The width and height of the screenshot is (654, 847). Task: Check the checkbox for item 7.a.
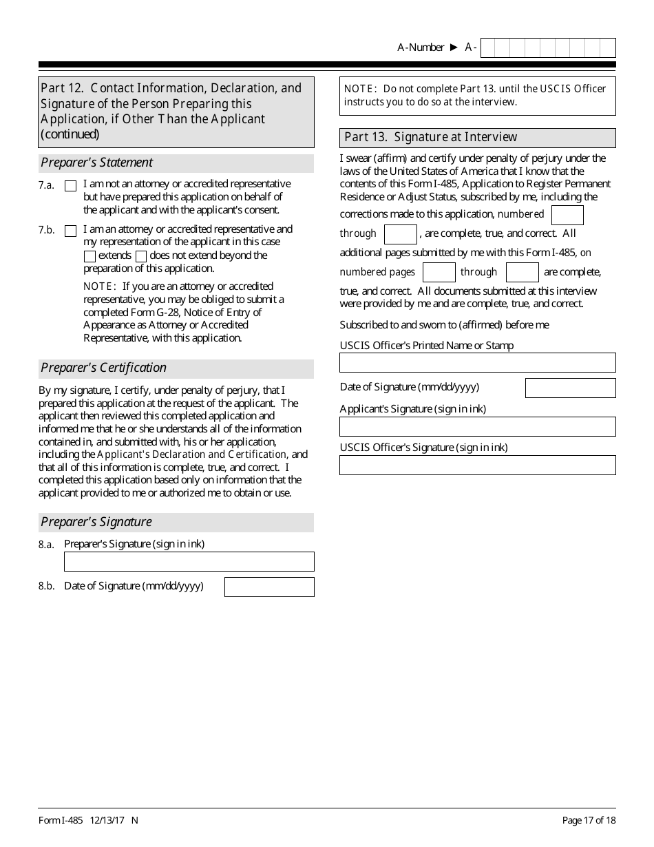pyautogui.click(x=70, y=186)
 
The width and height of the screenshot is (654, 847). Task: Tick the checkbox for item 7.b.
pyautogui.click(x=70, y=231)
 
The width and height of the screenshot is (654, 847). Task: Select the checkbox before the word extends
pyautogui.click(x=89, y=256)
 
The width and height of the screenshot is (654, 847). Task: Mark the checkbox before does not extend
pyautogui.click(x=141, y=256)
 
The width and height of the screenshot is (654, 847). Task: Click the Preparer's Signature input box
pyautogui.click(x=189, y=561)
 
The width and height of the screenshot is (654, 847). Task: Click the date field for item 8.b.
pyautogui.click(x=269, y=587)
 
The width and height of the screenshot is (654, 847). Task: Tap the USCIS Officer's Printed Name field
pyautogui.click(x=477, y=362)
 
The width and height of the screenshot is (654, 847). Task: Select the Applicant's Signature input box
pyautogui.click(x=477, y=426)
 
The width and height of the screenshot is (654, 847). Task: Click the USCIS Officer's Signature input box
pyautogui.click(x=477, y=465)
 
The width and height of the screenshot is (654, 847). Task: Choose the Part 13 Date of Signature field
pyautogui.click(x=570, y=388)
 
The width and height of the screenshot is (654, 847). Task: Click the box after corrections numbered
pyautogui.click(x=567, y=215)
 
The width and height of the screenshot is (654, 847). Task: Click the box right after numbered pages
pyautogui.click(x=439, y=272)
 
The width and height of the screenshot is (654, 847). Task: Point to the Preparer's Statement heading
pyautogui.click(x=97, y=163)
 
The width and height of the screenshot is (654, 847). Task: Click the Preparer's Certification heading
pyautogui.click(x=104, y=368)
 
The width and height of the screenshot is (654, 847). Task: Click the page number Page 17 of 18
pyautogui.click(x=589, y=820)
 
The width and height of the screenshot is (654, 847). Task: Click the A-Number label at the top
pyautogui.click(x=421, y=48)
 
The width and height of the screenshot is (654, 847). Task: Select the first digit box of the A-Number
pyautogui.click(x=487, y=48)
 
